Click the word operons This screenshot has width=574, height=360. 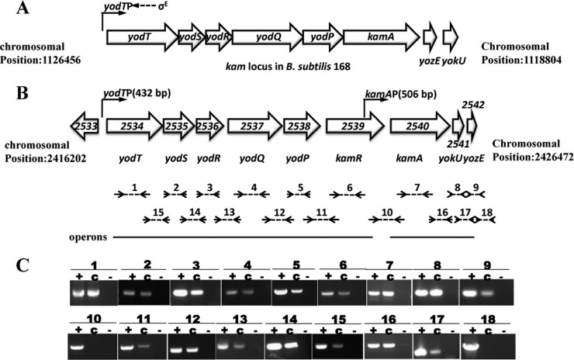coord(86,234)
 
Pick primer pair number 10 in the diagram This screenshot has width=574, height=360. coord(388,213)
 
